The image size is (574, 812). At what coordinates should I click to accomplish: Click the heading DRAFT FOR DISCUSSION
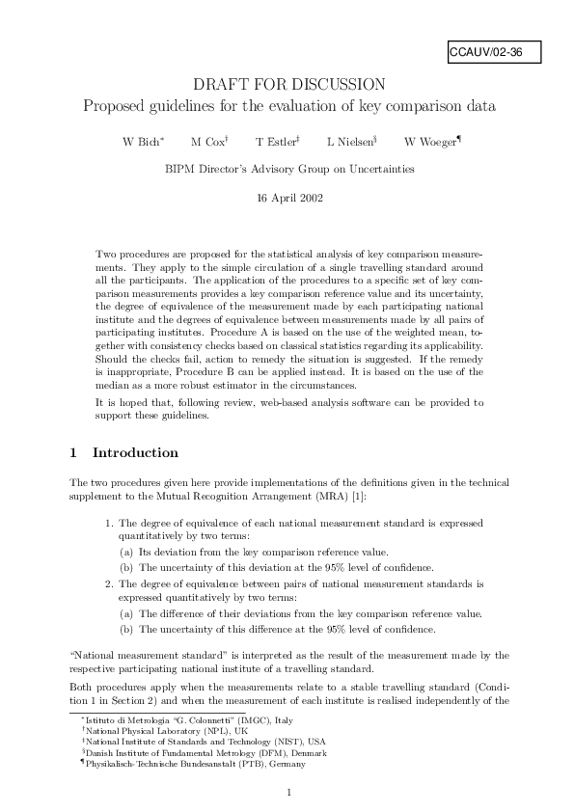(x=289, y=85)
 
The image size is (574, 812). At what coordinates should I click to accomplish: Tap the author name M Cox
(x=208, y=142)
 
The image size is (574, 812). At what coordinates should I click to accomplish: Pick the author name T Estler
(x=277, y=142)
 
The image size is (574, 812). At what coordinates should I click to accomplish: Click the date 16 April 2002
(x=289, y=198)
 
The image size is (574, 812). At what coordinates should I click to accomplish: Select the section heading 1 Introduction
(x=123, y=452)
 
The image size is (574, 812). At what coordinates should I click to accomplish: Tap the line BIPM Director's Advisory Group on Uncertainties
(x=289, y=169)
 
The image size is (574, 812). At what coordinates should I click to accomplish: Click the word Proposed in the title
(x=115, y=105)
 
